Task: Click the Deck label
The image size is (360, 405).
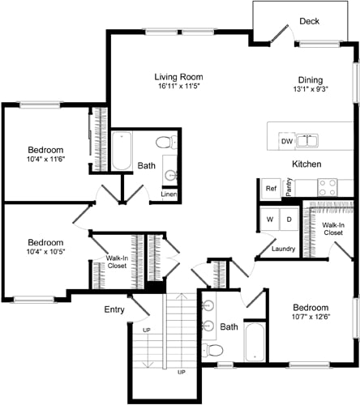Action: pos(309,21)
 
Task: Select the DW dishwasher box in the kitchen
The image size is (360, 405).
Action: pos(286,141)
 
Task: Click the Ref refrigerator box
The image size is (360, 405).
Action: pos(271,189)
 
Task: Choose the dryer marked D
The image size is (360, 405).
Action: pos(287,220)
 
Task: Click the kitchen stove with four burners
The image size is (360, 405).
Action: pos(327,187)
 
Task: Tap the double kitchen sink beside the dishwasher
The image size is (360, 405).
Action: pos(307,141)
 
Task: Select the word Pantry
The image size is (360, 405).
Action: pos(289,188)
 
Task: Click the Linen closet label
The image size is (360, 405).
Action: pos(169,194)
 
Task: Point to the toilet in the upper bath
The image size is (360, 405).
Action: pos(164,143)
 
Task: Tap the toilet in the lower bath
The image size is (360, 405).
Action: pos(212,350)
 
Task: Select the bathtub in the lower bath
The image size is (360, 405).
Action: pos(254,342)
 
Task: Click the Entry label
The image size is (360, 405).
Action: pos(114,309)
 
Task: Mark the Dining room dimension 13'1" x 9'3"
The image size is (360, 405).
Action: pos(310,91)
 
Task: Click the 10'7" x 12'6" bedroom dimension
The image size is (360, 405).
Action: pos(311,318)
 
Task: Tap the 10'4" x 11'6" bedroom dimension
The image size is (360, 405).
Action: pos(45,160)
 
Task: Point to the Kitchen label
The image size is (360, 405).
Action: pos(308,164)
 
